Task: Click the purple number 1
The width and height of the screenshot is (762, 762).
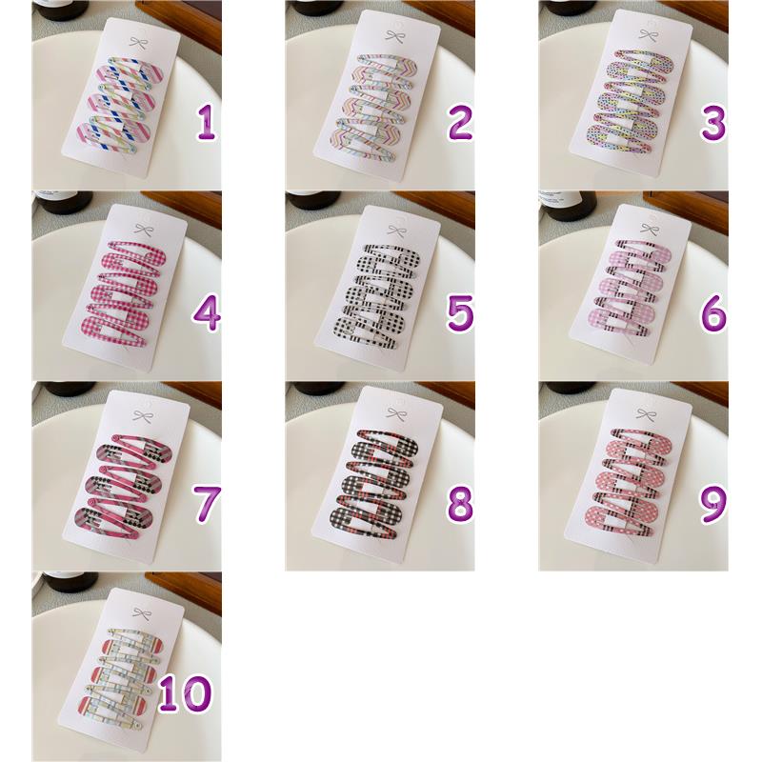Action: [207, 124]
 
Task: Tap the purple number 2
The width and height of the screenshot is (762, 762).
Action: [460, 124]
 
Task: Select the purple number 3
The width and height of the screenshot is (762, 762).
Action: [713, 124]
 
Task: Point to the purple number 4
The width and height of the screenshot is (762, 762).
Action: [207, 314]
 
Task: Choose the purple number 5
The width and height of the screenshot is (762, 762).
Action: [460, 314]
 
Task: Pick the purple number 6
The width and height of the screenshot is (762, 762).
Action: [713, 314]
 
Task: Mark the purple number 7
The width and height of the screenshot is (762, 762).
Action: [207, 505]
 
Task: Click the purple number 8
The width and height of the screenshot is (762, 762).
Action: [460, 505]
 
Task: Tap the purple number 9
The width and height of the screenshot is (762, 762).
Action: [713, 505]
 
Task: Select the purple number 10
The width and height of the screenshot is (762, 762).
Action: [185, 694]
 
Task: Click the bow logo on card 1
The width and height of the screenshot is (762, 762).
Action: [137, 43]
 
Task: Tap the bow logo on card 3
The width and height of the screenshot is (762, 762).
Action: [648, 34]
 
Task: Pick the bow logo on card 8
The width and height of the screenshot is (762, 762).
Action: [396, 414]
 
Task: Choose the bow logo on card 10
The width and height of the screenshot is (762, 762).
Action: [141, 612]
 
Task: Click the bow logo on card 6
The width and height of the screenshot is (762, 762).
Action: [650, 229]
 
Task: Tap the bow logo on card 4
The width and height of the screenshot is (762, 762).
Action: [144, 229]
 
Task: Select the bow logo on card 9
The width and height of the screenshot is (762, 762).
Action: [646, 414]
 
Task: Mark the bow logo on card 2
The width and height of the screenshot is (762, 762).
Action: [394, 36]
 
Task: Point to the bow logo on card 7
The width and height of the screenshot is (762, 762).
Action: [142, 416]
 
